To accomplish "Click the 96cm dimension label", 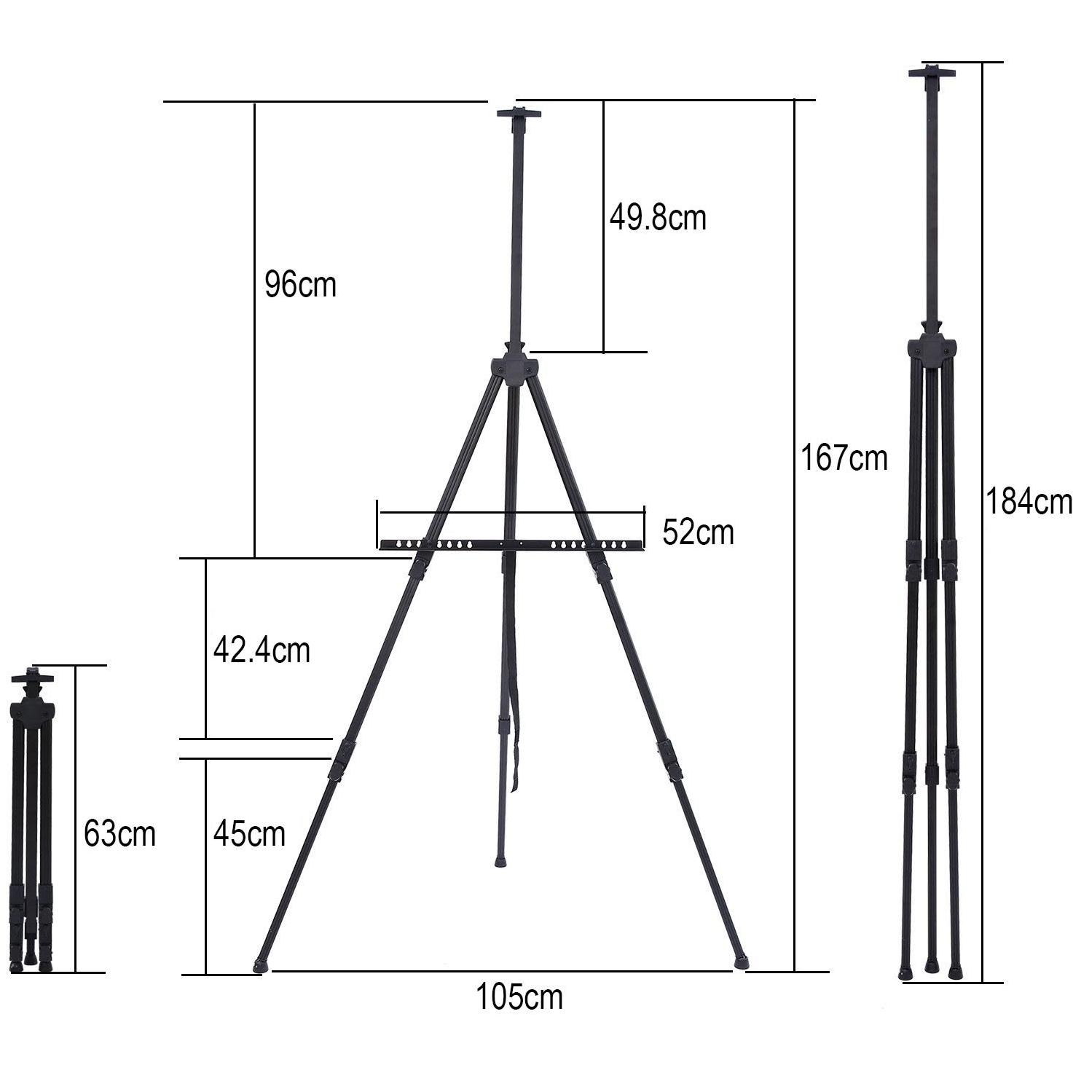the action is (x=301, y=285).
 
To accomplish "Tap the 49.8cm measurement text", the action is (x=658, y=217).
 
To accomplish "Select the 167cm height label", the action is (x=844, y=457).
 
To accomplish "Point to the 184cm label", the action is (x=1029, y=501).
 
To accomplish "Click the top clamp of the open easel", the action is (x=519, y=114).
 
